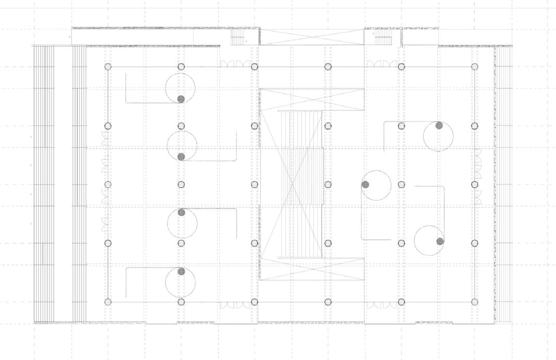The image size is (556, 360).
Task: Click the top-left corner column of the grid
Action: pos(108,67)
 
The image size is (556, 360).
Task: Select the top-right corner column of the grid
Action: pos(474,67)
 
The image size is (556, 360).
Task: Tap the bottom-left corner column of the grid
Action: pos(108,302)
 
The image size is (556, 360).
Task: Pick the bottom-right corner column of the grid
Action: pos(474,302)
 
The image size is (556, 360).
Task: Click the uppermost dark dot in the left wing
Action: pos(181,99)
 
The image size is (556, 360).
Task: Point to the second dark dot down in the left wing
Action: pos(181,157)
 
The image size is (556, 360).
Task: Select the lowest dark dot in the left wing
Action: pos(181,272)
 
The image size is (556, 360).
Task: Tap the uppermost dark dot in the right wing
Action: pos(439,125)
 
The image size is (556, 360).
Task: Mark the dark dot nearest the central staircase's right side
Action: pos(365,184)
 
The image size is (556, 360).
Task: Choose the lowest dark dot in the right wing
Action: pos(440,241)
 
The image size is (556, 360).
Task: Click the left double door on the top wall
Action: pos(235,64)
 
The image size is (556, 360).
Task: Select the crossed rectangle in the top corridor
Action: pos(312,37)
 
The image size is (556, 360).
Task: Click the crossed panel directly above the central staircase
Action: pos(312,100)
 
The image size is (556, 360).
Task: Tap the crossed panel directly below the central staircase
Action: pos(312,268)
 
